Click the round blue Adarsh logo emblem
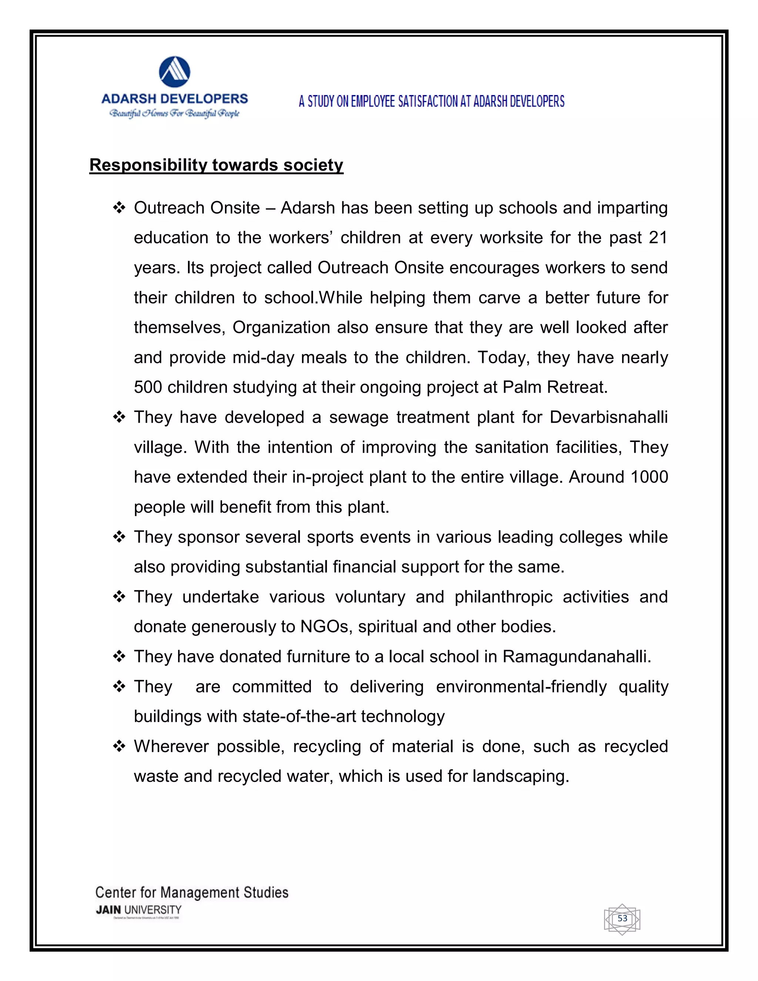[175, 72]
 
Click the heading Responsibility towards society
[216, 165]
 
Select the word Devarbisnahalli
[608, 417]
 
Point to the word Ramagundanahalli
[576, 657]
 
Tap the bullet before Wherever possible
[119, 747]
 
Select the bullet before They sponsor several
[119, 537]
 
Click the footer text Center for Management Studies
[192, 893]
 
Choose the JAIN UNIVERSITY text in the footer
[139, 910]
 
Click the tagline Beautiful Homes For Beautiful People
[175, 113]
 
